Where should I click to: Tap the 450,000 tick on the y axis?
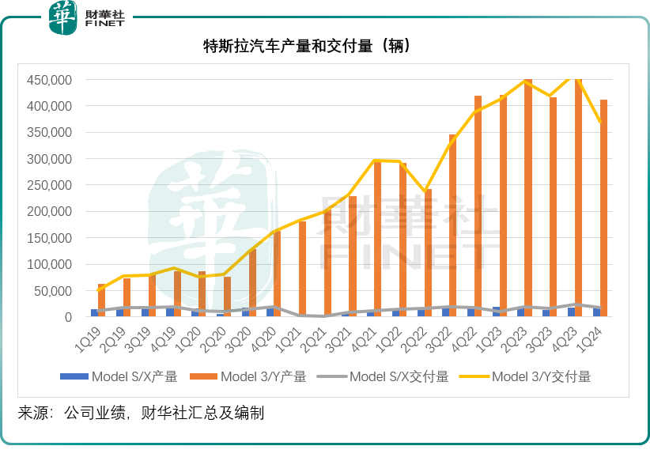coord(50,80)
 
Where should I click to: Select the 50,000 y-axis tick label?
coord(53,291)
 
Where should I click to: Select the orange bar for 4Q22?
coord(478,206)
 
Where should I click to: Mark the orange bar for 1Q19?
coord(101,300)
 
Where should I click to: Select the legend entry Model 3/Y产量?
coord(252,376)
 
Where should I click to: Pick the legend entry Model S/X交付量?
coord(387,376)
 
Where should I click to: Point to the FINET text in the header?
coord(104,25)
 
